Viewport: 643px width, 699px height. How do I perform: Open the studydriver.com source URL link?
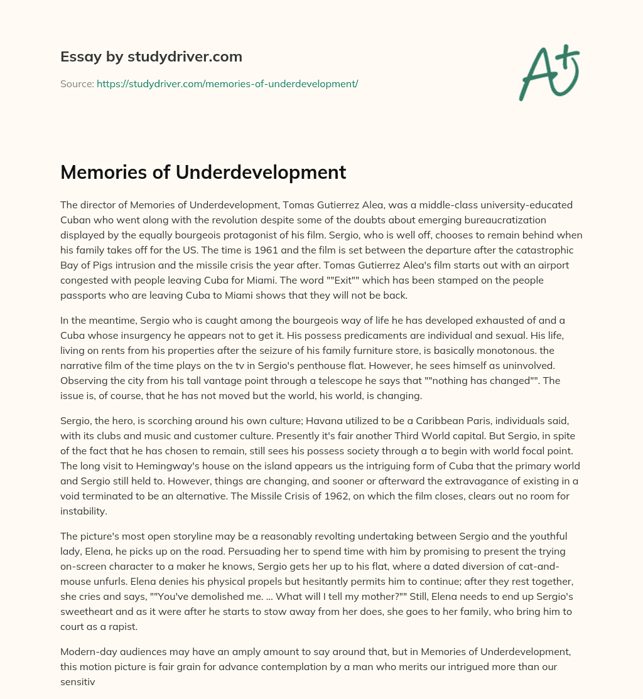point(227,83)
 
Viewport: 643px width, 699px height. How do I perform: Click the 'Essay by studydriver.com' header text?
point(151,56)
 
